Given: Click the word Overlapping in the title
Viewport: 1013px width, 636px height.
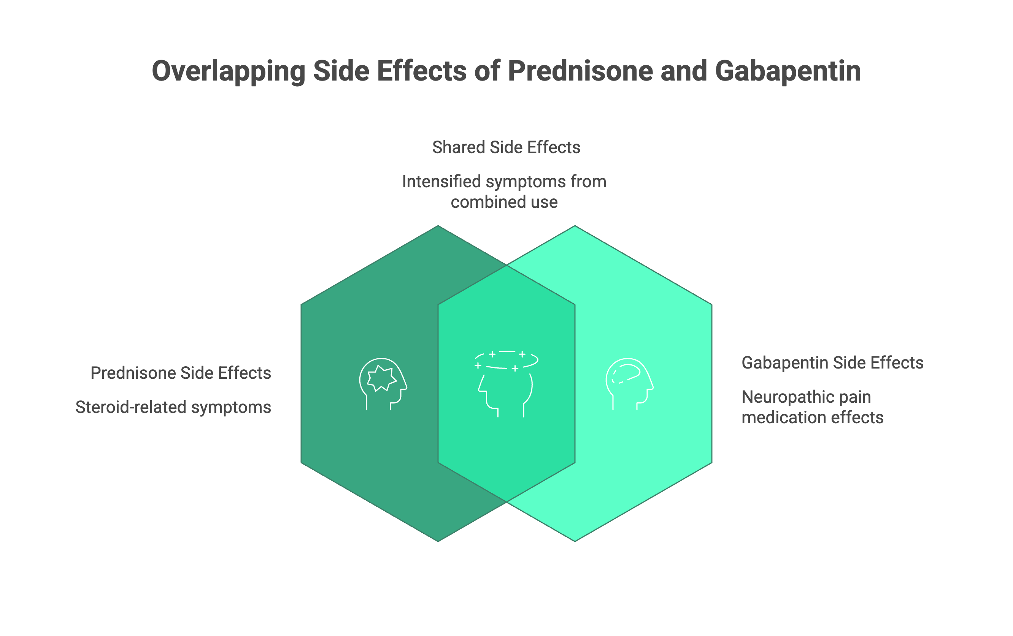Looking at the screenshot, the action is point(229,71).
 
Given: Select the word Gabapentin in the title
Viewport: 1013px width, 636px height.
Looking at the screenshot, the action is point(788,71).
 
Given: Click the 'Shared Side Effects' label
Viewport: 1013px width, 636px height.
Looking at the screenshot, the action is point(506,147).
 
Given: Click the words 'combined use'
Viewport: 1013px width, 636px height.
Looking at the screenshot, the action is point(504,202).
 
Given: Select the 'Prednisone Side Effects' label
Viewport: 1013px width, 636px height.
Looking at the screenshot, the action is point(181,373).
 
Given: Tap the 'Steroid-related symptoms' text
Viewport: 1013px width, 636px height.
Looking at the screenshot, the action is point(173,407).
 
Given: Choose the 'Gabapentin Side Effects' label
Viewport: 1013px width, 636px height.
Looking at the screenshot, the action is point(832,363).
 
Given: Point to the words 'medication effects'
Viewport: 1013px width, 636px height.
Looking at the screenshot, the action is point(812,418).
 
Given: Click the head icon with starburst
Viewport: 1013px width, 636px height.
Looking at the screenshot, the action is point(383,384).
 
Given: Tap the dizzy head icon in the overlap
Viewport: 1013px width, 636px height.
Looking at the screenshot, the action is point(506,384).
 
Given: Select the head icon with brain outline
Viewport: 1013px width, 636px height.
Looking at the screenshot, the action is point(629,384).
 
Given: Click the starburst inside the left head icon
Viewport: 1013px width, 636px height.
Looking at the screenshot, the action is point(381,378).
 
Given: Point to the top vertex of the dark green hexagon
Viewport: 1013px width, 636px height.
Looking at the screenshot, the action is point(438,226).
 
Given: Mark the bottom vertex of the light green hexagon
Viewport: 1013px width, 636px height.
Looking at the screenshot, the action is point(575,541).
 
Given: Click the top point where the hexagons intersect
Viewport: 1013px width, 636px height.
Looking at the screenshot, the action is point(506,265).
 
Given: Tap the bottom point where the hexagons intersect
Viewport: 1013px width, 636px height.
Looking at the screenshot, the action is point(506,502).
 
